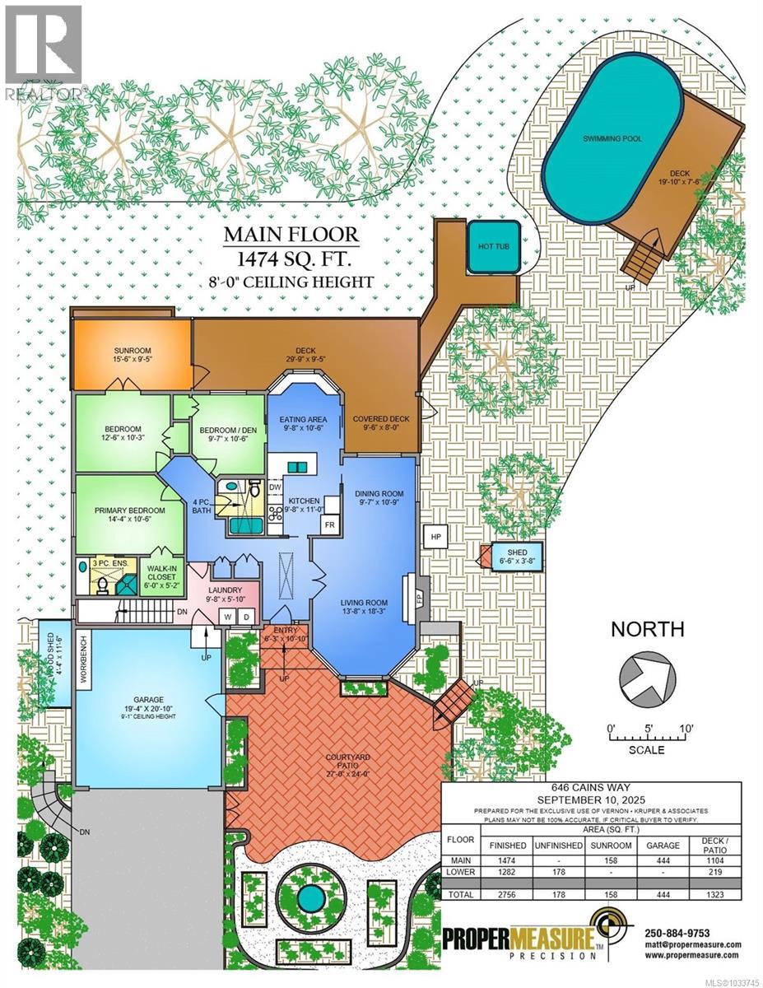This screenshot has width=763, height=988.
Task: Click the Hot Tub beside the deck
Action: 493,247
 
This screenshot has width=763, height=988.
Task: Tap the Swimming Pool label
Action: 612,139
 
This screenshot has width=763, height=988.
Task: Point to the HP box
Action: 435,537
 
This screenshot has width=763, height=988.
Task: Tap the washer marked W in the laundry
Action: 227,616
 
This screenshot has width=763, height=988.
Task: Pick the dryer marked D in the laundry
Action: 245,616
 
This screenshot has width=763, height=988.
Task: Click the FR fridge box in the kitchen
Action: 329,524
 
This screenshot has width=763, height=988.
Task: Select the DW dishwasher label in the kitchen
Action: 274,486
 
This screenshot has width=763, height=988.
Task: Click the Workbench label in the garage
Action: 83,658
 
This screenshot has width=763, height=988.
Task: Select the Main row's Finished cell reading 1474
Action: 508,860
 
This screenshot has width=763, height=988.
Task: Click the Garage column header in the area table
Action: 661,846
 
